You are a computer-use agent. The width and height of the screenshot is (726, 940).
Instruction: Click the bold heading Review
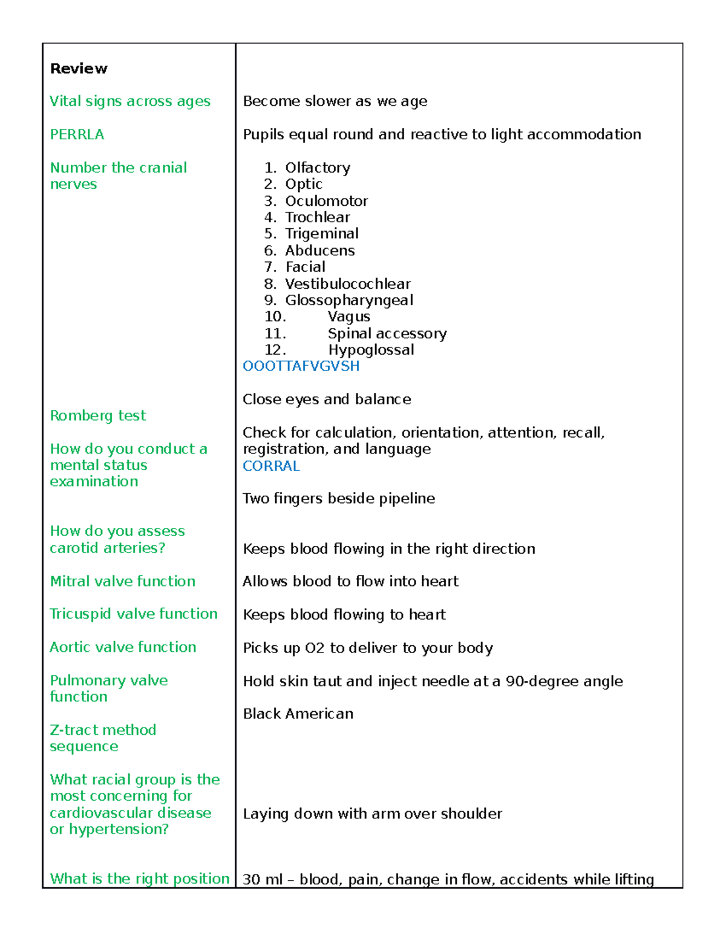pos(79,68)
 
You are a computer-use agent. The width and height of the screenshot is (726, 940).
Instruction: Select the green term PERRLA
pos(77,134)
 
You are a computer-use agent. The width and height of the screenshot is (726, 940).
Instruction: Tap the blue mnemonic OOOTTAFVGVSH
pos(301,366)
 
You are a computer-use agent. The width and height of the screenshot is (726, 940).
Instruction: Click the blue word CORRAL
pos(271,466)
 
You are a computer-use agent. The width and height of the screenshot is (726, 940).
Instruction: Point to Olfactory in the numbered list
pos(318,168)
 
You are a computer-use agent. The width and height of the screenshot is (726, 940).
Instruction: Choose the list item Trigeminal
pos(322,234)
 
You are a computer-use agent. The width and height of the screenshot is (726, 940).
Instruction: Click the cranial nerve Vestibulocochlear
pos(348,284)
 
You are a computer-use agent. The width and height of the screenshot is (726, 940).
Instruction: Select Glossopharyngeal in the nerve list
pos(349,300)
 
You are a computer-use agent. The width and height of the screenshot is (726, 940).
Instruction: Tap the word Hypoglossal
pos(371,350)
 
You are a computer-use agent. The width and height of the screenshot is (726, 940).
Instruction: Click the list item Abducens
pos(320,251)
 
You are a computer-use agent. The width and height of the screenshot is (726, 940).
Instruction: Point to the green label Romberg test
pos(98,416)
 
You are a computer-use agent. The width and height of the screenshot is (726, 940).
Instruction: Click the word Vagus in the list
pos(349,317)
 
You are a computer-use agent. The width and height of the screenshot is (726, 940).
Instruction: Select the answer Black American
pos(298,714)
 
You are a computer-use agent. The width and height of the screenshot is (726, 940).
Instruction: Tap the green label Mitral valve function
pos(123,582)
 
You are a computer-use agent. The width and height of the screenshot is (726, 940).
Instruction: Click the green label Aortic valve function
pos(123,648)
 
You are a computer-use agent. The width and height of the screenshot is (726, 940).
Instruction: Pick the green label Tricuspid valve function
pos(134,614)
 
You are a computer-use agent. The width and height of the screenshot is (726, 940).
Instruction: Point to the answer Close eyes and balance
pos(327,399)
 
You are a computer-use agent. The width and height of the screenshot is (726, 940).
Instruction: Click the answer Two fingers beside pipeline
pos(339,499)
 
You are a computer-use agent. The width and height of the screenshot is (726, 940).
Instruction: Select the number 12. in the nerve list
pos(275,350)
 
